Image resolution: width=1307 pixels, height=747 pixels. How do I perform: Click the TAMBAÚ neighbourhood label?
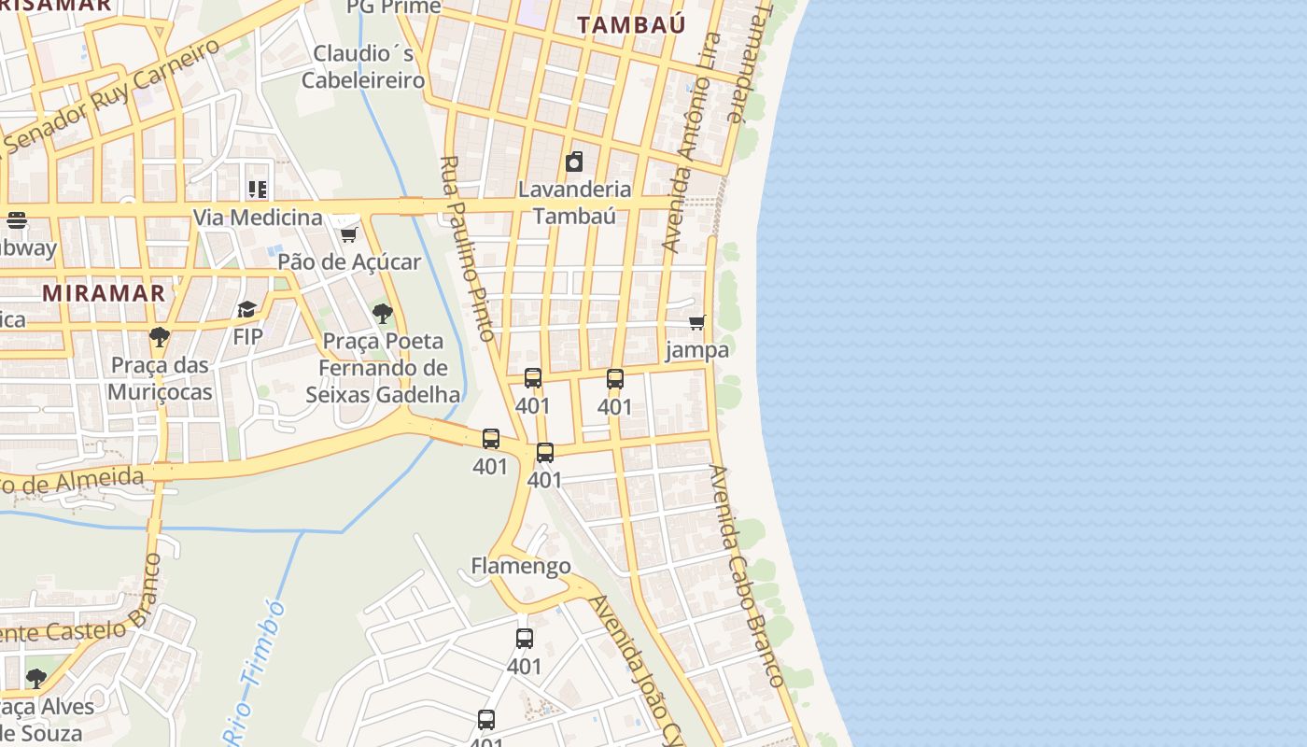pos(631,24)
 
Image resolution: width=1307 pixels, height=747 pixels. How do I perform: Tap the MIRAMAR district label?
pos(104,292)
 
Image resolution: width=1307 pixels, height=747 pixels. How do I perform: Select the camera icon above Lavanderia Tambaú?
pos(574,162)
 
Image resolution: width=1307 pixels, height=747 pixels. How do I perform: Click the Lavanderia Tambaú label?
pos(574,202)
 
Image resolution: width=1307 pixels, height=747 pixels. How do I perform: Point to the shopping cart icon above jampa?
pos(696,323)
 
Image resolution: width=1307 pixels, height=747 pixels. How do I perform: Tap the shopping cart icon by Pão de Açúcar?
pos(348,233)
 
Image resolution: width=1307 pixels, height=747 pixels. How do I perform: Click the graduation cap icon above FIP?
pos(246,309)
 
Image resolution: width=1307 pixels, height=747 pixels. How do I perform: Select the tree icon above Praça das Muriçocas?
pos(160,336)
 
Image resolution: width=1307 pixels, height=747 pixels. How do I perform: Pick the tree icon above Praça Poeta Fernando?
pos(382,314)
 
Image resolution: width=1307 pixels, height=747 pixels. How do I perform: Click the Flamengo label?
pos(520,566)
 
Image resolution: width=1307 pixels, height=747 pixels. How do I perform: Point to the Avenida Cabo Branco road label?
pos(745,576)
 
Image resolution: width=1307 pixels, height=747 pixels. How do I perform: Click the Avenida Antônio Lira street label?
pos(692,142)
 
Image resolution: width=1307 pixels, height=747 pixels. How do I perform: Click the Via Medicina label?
pos(258,218)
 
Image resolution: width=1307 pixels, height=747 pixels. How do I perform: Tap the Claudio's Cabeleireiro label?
pos(363,66)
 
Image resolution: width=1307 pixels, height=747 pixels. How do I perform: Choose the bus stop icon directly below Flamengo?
pos(525,639)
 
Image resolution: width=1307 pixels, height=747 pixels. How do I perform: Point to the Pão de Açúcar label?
pos(349,262)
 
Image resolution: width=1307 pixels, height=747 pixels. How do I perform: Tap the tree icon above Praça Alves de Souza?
pos(36,678)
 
